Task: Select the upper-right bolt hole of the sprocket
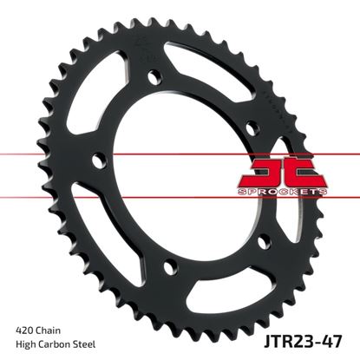pos(252,128)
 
